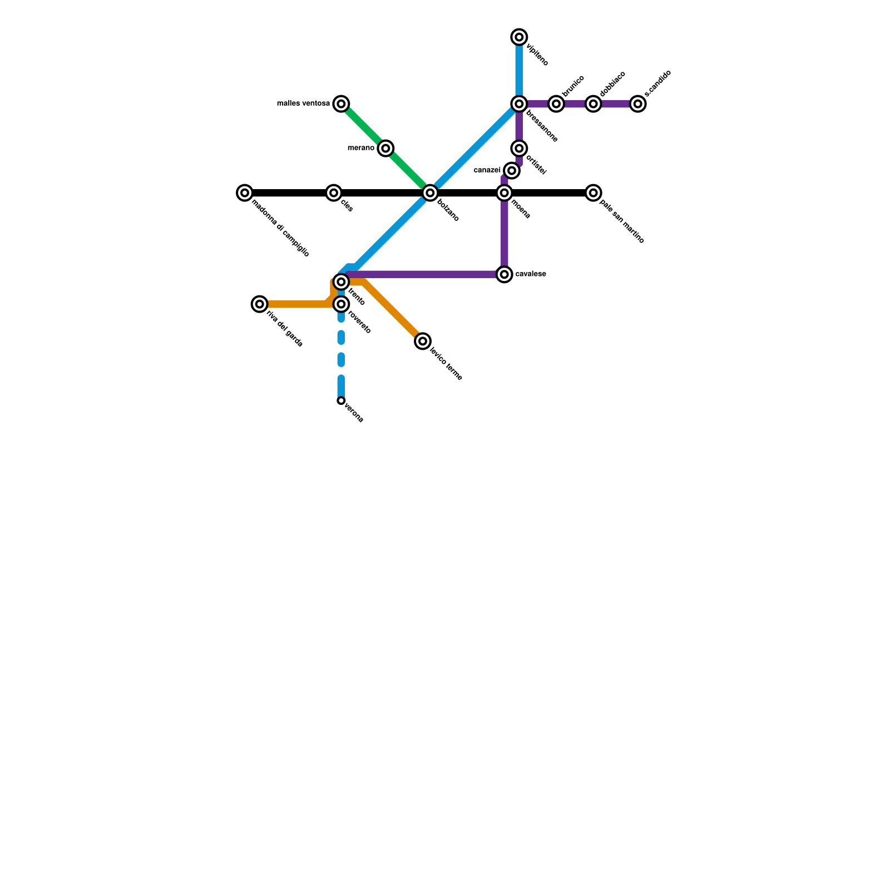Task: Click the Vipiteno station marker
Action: click(x=519, y=37)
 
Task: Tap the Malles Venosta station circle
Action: click(x=341, y=104)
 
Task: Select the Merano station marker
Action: click(x=385, y=149)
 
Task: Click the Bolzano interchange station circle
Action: click(x=429, y=193)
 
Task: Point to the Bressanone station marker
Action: click(x=519, y=104)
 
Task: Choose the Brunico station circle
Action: click(x=556, y=104)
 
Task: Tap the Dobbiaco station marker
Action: click(x=594, y=104)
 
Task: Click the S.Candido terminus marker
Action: click(x=638, y=104)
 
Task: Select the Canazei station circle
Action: click(x=512, y=171)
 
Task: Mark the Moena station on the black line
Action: click(x=504, y=193)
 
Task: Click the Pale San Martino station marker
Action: click(x=594, y=193)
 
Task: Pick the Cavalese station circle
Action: click(x=504, y=274)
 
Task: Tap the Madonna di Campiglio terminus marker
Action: click(x=244, y=193)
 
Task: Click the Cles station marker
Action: click(x=333, y=193)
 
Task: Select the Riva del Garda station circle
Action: click(x=259, y=304)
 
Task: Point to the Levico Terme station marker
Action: click(x=423, y=341)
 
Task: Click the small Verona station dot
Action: click(x=341, y=400)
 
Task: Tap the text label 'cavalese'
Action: click(x=531, y=274)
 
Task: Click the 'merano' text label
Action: click(x=361, y=148)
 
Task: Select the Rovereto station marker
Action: click(x=341, y=304)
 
